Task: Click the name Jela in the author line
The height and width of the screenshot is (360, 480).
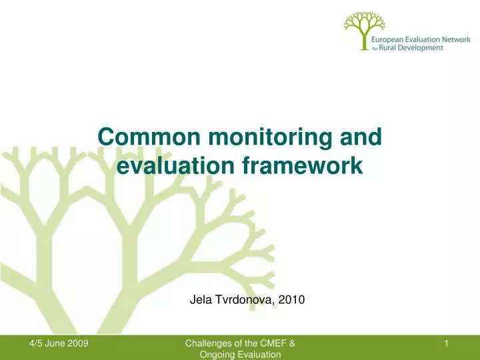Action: point(201,300)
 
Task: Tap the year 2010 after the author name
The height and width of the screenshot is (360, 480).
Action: point(292,300)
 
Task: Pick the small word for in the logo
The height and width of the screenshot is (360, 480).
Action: point(374,49)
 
